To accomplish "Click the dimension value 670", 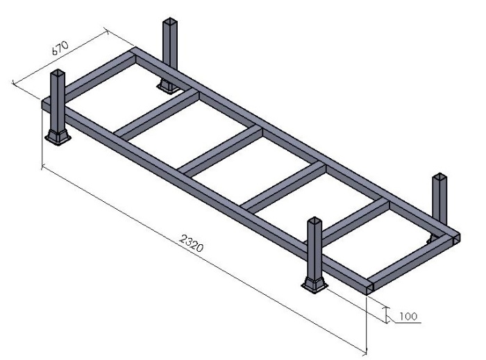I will pyautogui.click(x=60, y=51).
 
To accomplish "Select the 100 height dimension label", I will pyautogui.click(x=409, y=316).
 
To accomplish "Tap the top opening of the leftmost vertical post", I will pyautogui.click(x=58, y=73).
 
